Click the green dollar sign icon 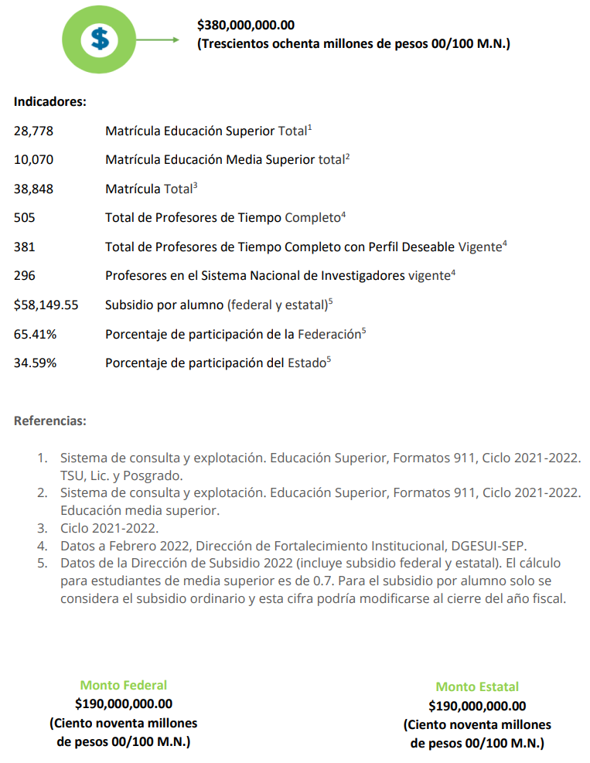(x=99, y=38)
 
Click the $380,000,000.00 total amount (x=246, y=26)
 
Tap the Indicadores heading (x=49, y=101)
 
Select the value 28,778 (x=33, y=131)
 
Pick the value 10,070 (x=33, y=160)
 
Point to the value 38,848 (x=33, y=189)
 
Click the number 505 (x=24, y=218)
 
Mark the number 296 (x=24, y=276)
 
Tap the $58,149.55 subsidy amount (x=46, y=305)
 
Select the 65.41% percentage (x=35, y=335)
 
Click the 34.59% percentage (x=35, y=363)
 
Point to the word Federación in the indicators (x=329, y=335)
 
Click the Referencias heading (x=50, y=422)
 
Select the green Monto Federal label (x=123, y=685)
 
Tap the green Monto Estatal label (x=477, y=686)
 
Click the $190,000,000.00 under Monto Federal (x=124, y=703)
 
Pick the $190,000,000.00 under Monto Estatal (x=477, y=706)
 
